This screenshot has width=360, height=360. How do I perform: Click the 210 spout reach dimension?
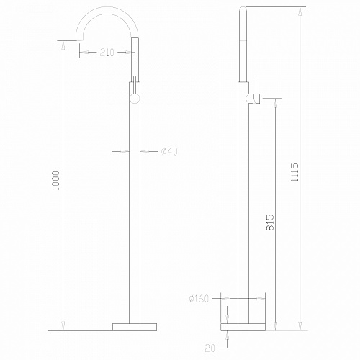click(x=107, y=53)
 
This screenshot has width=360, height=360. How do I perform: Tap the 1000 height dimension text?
click(x=55, y=181)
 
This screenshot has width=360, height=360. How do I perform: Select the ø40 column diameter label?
click(x=169, y=151)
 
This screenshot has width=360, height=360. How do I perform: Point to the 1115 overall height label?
click(x=294, y=172)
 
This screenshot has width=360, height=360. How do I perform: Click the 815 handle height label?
click(x=270, y=222)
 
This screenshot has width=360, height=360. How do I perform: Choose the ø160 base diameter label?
click(x=199, y=299)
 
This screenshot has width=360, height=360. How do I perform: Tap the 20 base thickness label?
click(x=210, y=348)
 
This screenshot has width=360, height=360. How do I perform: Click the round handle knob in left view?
click(x=135, y=99)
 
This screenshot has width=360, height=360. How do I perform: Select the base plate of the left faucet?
click(x=135, y=327)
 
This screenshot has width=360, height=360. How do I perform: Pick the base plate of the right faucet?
click(x=243, y=327)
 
